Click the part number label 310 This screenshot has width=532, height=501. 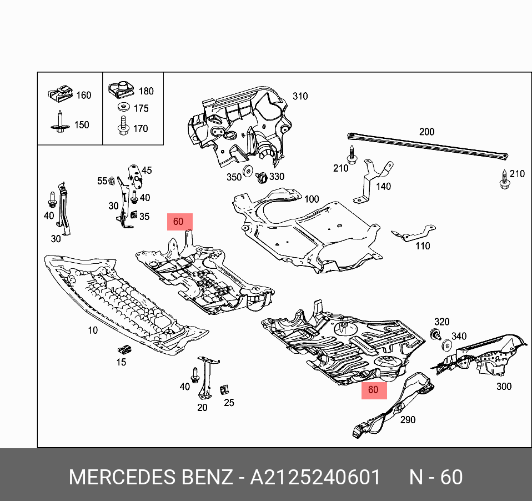pos(300,96)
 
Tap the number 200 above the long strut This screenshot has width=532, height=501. pos(426,132)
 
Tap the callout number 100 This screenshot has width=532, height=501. pos(312,199)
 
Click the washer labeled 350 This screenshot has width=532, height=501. pos(248,171)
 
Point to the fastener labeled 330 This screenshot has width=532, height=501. pos(261,178)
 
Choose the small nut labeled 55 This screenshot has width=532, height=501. pos(111,180)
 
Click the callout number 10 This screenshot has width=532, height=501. pos(92,330)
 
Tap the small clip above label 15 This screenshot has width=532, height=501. pos(123,350)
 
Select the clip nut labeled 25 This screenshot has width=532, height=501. pos(225,389)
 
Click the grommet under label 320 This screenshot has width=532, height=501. pos(436,334)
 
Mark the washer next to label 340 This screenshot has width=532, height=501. pos(446,347)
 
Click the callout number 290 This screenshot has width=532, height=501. pos(408,420)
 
